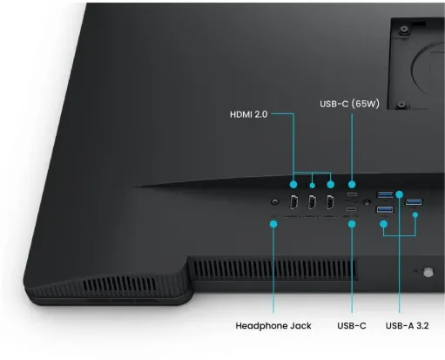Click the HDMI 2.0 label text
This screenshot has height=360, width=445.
point(249,114)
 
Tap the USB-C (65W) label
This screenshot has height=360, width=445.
point(349,104)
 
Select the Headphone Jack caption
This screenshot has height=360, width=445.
point(273,326)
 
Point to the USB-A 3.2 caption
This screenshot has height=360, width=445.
point(407,326)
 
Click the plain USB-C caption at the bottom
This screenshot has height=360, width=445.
point(352,326)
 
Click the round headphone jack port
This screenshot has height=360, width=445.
point(274,201)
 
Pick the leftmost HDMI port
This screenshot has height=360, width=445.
point(293,202)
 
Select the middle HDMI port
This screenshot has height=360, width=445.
point(312,202)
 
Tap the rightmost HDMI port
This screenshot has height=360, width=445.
point(330,202)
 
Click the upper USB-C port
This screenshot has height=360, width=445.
point(352,194)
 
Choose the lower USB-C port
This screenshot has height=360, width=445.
point(352,209)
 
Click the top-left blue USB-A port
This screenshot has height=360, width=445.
point(385,194)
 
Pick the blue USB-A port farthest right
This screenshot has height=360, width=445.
point(414,201)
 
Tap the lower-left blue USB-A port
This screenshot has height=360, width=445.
point(385,209)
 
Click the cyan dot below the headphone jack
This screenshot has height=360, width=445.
point(273,224)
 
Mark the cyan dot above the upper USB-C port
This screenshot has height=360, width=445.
point(352,184)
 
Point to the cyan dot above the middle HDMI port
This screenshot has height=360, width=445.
point(313,185)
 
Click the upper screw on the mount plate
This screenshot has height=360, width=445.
point(403,30)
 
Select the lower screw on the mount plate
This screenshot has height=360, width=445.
point(401,105)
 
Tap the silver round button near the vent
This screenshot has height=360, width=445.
point(428,272)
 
